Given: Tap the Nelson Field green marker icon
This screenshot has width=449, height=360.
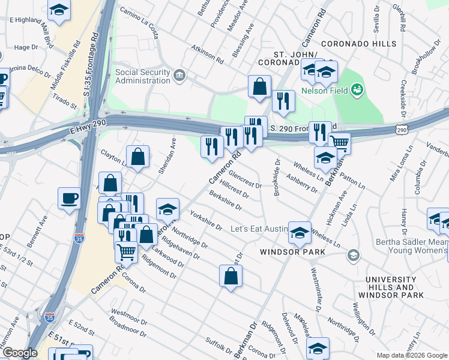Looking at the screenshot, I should pyautogui.click(x=358, y=89).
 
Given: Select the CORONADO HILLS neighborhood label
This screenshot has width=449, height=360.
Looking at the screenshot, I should pyautogui.click(x=358, y=44).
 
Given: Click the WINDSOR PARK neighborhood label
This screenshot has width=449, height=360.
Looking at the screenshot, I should pyautogui.click(x=292, y=252).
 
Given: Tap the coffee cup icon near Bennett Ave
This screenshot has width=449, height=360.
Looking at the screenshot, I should pyautogui.click(x=70, y=197).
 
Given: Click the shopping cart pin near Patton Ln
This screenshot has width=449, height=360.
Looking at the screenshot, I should pyautogui.click(x=340, y=143).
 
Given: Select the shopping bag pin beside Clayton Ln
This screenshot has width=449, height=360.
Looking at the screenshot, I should pyautogui.click(x=138, y=157).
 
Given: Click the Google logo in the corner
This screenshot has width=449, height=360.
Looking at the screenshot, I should pyautogui.click(x=20, y=353).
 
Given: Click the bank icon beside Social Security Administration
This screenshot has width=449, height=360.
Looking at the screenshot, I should pyautogui.click(x=179, y=75).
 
